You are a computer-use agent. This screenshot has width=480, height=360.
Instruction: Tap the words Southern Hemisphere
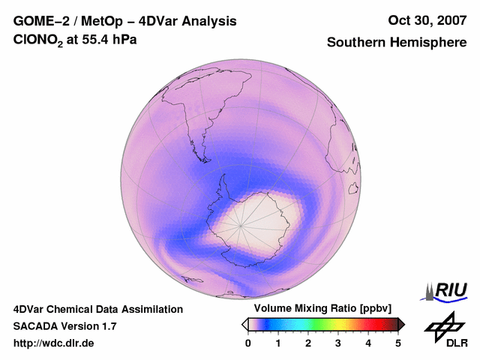click(x=396, y=43)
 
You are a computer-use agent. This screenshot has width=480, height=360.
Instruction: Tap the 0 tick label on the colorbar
click(x=248, y=343)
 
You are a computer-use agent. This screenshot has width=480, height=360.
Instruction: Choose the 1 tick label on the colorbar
click(x=278, y=343)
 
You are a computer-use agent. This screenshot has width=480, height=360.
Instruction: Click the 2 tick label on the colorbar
click(x=308, y=343)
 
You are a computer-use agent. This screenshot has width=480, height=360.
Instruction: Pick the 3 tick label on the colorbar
click(x=338, y=343)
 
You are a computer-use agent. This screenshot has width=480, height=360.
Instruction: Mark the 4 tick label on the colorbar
click(x=368, y=343)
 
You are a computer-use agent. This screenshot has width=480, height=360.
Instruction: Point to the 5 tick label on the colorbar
click(x=398, y=343)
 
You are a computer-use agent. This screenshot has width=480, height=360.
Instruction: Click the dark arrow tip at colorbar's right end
click(x=402, y=324)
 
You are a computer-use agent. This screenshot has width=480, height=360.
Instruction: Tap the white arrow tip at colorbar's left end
click(x=244, y=324)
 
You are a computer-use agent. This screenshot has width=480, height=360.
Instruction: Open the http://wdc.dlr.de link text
click(x=54, y=343)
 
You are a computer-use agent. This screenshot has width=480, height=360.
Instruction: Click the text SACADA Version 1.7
click(x=64, y=326)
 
